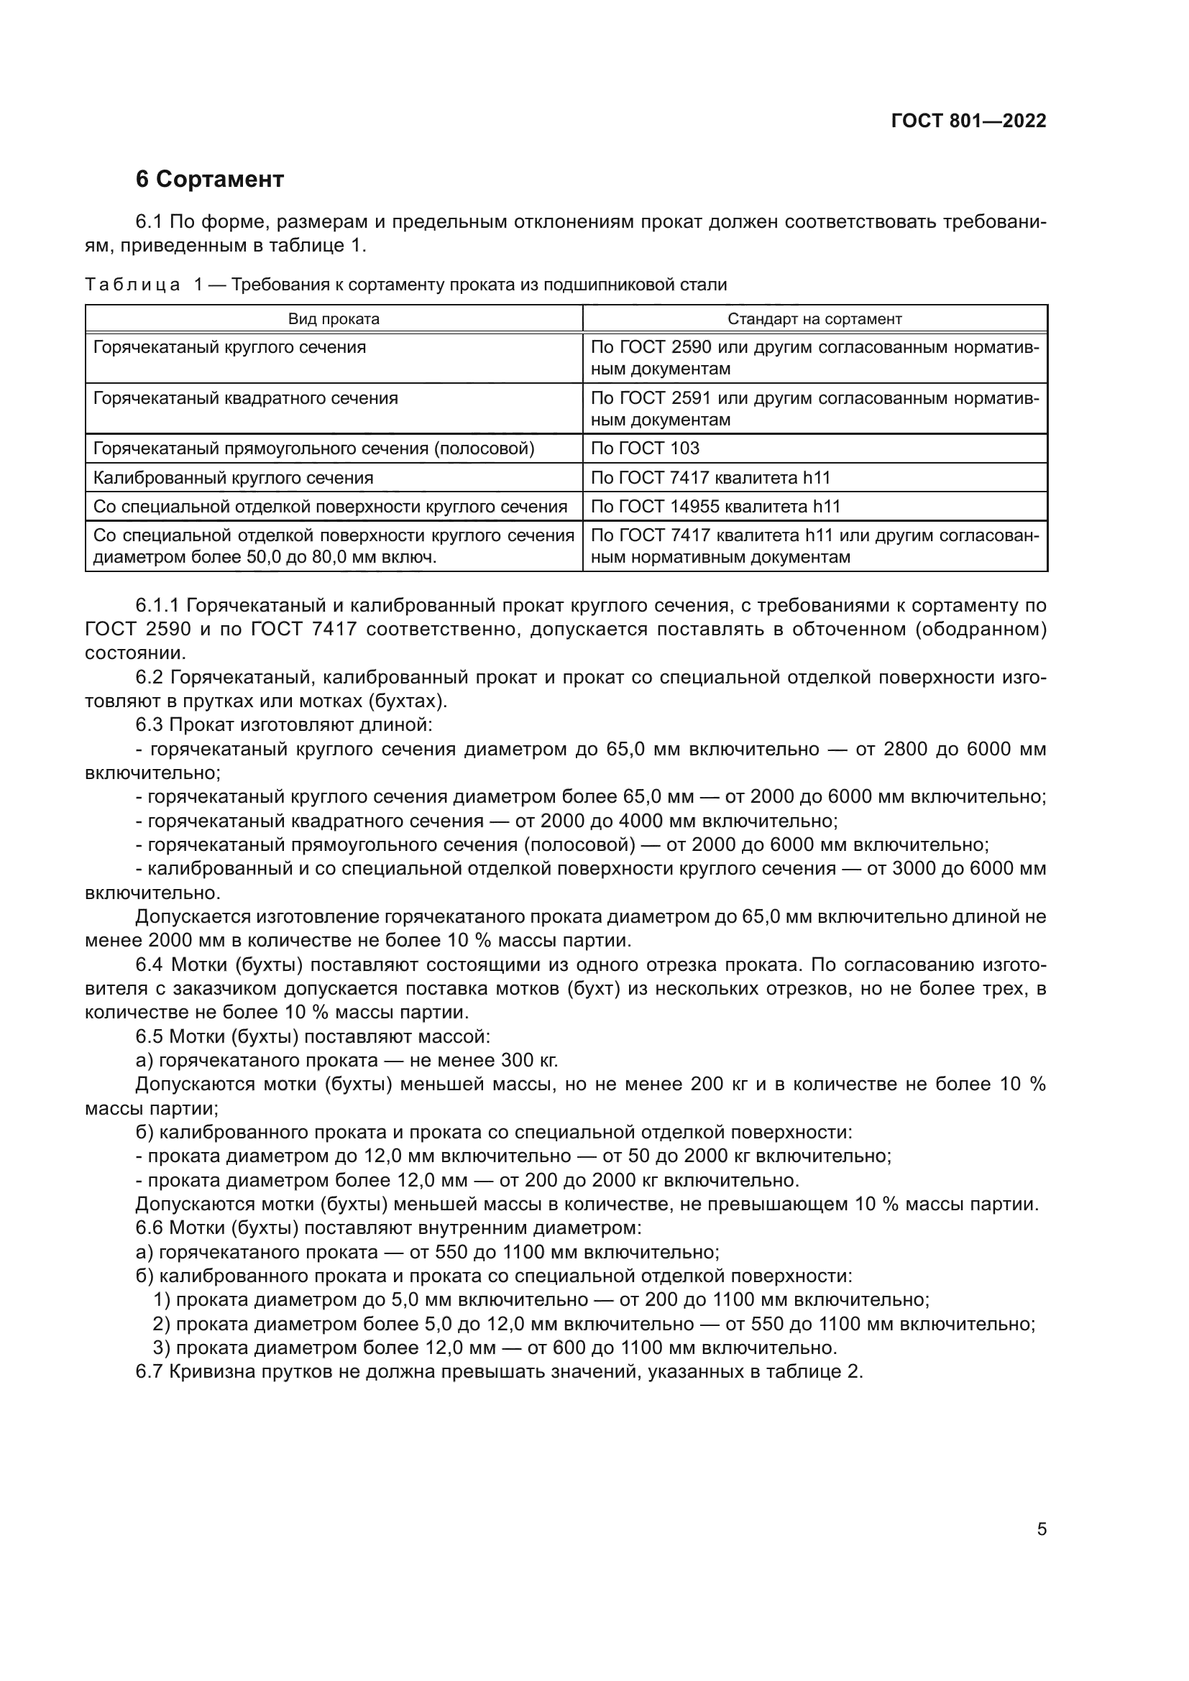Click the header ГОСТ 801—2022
(x=968, y=121)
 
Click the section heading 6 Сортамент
(x=209, y=179)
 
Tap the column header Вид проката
(x=333, y=319)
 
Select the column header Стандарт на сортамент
(x=814, y=319)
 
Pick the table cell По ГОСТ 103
(x=644, y=448)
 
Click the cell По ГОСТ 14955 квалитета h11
(x=715, y=506)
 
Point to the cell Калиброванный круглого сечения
(x=233, y=478)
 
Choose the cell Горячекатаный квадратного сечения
(x=245, y=398)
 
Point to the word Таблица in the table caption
(x=132, y=285)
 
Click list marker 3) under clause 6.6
(x=161, y=1348)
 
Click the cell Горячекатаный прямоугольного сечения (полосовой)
(x=313, y=448)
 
